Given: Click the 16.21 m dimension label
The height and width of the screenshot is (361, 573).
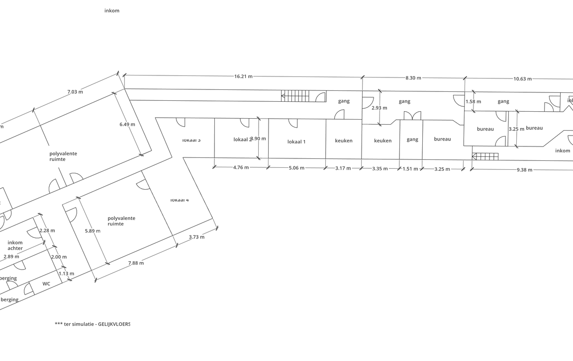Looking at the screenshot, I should coord(243,76).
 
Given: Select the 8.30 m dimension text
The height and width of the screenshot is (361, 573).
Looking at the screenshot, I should coord(413,78).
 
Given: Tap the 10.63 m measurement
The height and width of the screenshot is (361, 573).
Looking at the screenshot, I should coord(522,79).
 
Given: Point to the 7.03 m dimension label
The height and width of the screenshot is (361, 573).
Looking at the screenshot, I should coord(75,92).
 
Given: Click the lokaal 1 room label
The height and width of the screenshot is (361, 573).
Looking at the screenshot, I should coord(296,142).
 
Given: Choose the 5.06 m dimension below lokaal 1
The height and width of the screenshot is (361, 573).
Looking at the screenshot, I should coord(296,168).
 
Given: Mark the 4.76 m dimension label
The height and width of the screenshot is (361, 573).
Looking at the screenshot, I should coord(241,167).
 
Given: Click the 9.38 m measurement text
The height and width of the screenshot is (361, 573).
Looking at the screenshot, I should coord(524,170).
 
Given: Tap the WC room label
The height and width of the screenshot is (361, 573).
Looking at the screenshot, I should coord(46,284).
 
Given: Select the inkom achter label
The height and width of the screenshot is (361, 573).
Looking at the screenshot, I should coord(15,245).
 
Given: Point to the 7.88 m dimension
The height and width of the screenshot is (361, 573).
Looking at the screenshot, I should coord(135,263).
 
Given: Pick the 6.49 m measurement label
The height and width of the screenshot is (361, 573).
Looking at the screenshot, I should coord(127,125).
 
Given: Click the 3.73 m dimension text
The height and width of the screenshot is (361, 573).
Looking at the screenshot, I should coord(196,237).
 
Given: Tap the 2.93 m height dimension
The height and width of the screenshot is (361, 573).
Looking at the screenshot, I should coord(379,108).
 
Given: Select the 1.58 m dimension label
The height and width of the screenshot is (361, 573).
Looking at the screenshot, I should coord(473,102).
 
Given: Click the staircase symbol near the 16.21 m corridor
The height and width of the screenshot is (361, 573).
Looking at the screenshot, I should coord(295,96).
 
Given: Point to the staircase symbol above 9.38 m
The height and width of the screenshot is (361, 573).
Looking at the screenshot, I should coord(485,157).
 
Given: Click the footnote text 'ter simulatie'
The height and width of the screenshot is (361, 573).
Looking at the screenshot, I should coord(92,324).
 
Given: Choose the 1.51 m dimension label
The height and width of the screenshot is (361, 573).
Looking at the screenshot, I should coord(410,169).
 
